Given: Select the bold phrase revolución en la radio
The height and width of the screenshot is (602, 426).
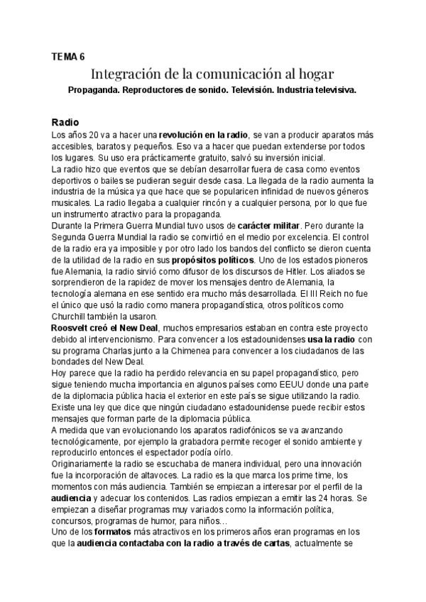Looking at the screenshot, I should pyautogui.click(x=203, y=133).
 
